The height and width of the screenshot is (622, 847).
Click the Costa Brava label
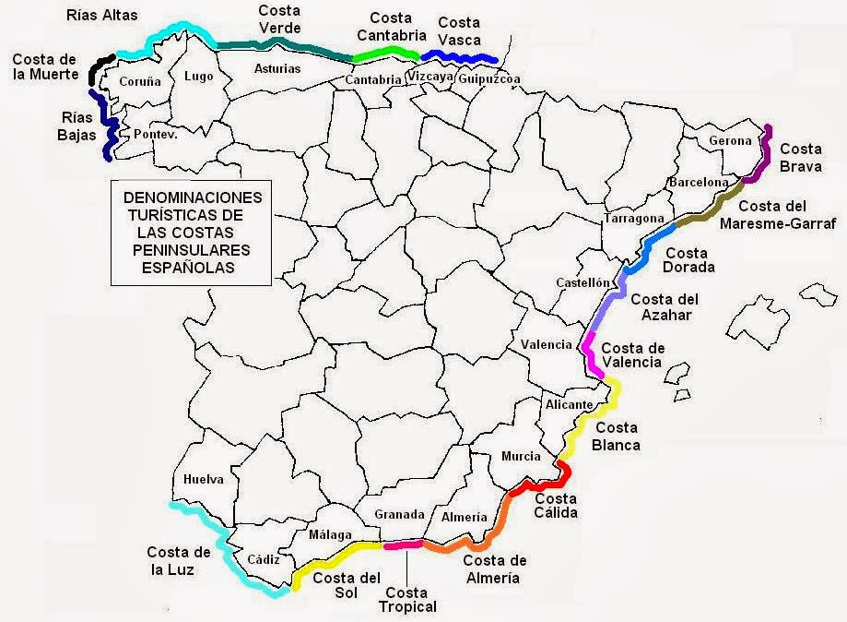(802, 157)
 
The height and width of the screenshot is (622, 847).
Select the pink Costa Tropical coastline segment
(403, 544)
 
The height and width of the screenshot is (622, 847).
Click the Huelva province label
(204, 479)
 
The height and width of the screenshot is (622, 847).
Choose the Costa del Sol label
(347, 586)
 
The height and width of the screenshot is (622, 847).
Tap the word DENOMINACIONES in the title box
(193, 198)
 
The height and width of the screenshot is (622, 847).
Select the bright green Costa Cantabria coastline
(387, 54)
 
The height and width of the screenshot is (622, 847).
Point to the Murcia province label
(521, 456)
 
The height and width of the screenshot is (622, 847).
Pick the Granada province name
(399, 514)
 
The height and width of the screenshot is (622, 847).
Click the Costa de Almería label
(494, 568)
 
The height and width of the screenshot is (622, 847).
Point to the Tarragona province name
(634, 219)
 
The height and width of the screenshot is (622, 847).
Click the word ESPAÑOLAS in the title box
(193, 268)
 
